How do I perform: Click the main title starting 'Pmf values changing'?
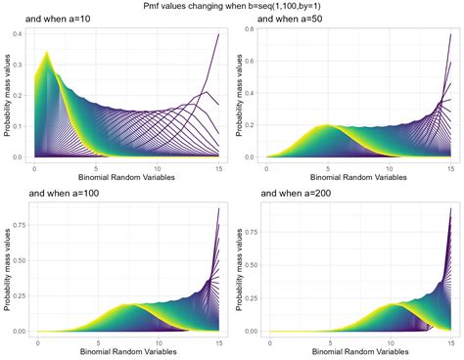pos(231,6)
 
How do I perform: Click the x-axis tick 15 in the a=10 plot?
pos(217,169)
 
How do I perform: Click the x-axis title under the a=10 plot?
pos(127,180)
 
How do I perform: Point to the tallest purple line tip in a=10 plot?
pos(217,34)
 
